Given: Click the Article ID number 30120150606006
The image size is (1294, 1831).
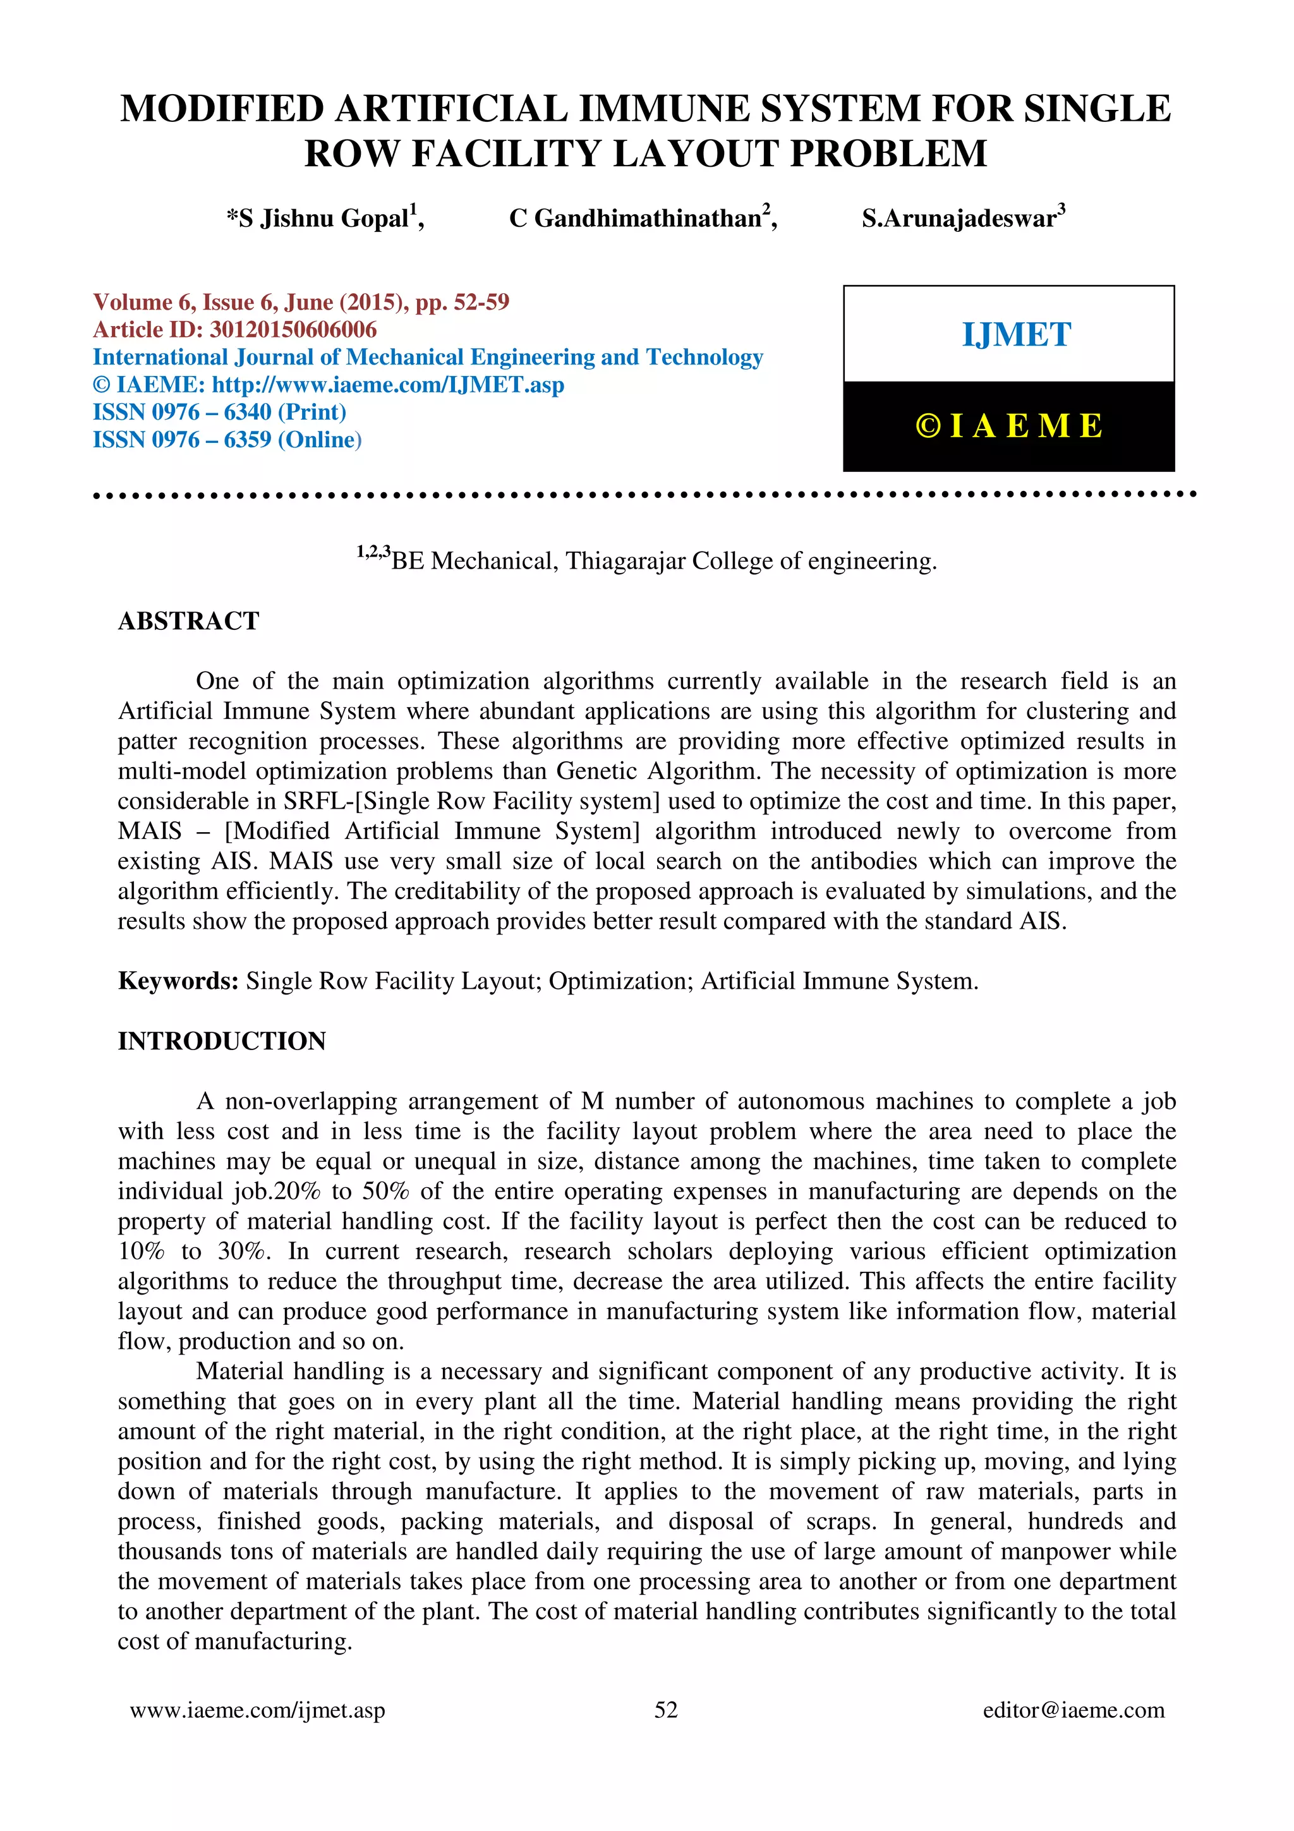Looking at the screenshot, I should point(293,329).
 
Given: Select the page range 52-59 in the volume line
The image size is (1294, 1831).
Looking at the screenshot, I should point(481,302).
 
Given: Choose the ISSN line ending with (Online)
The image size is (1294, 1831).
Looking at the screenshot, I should point(227,439).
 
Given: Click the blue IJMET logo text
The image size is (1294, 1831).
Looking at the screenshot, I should point(1016,335).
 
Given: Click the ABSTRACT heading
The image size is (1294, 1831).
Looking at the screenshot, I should point(188,620).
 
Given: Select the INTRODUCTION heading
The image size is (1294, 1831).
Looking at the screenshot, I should point(222,1041).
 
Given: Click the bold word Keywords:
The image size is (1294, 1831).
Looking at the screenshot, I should point(178,981).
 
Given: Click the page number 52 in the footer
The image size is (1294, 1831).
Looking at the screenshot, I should point(666,1710).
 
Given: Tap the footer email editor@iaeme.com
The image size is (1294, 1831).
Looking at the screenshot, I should point(1073,1710).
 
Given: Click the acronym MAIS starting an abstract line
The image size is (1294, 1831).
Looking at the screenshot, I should point(149,831).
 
